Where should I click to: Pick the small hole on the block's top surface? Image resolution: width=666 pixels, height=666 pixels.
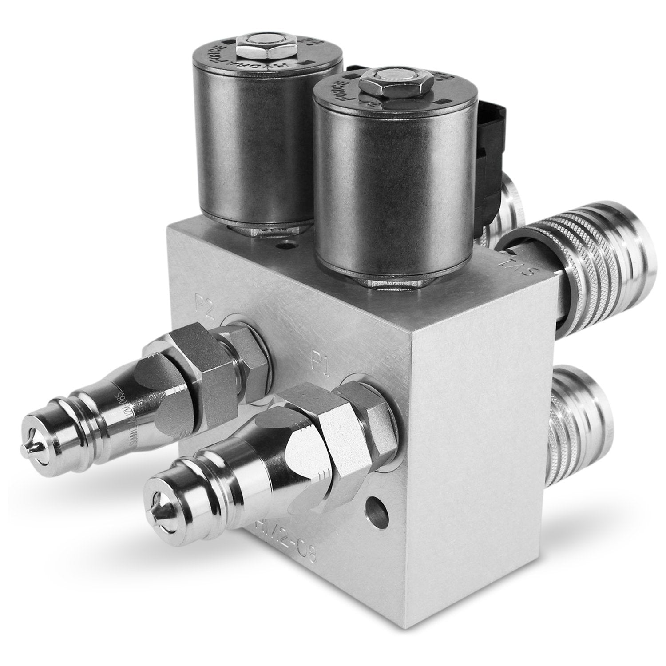[x=283, y=243]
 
